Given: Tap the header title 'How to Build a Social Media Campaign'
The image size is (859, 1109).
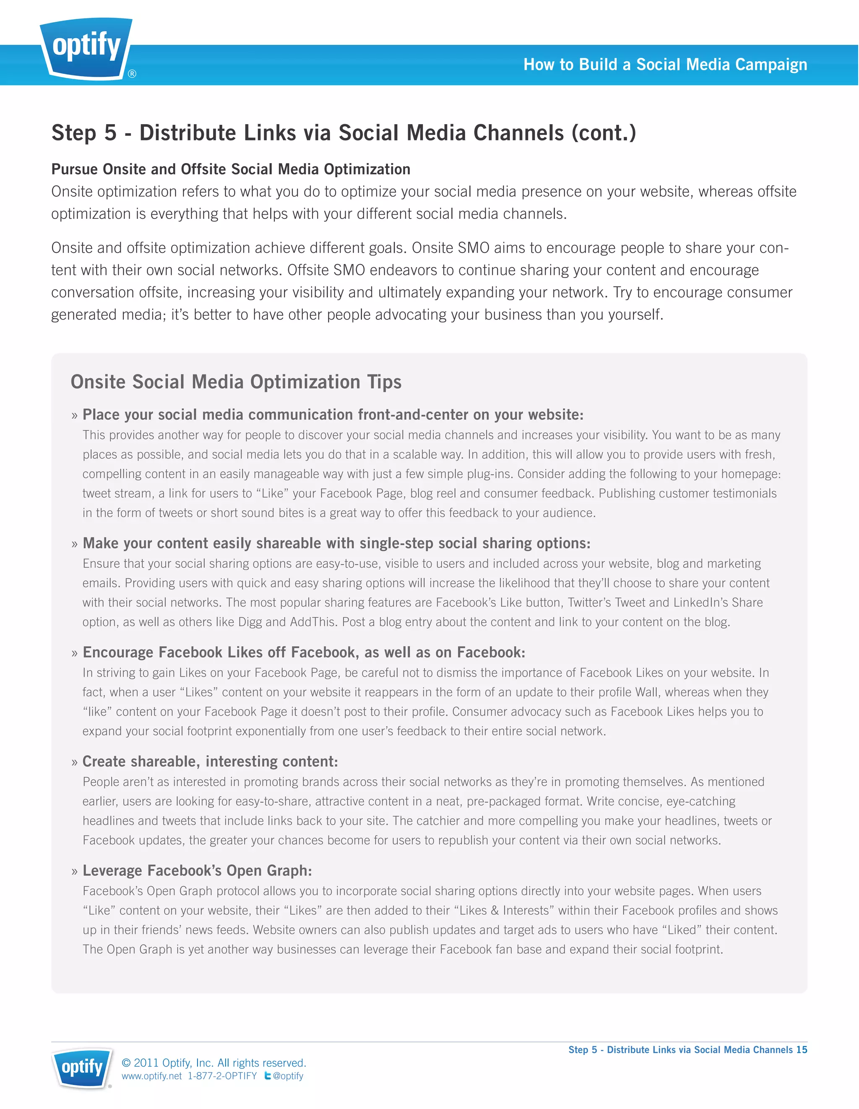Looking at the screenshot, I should pos(665,65).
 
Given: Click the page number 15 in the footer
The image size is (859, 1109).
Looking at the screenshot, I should pos(802,1049).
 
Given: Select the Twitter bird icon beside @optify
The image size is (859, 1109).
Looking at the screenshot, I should pos(267,1075).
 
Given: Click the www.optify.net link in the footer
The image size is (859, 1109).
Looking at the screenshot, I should pos(151,1076).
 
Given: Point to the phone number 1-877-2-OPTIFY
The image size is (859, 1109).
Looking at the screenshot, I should pos(222,1076).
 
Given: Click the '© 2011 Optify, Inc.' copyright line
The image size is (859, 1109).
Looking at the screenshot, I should pos(213,1063).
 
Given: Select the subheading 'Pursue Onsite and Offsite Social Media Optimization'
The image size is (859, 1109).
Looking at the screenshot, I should pos(231,169).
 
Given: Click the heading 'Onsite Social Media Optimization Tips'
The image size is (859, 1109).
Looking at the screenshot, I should pos(236,382).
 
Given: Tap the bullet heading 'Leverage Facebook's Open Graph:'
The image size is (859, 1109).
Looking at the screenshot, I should pos(197,870).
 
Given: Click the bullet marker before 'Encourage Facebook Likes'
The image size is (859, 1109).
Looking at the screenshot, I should pos(75,653).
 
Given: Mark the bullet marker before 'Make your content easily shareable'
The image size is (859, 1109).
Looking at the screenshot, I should pos(75,544).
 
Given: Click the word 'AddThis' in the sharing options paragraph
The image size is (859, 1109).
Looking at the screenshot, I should pos(313,622).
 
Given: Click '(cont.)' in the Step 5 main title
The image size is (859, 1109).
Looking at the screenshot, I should pos(604,133).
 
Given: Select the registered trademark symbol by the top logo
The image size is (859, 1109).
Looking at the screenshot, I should pos(132,74).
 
